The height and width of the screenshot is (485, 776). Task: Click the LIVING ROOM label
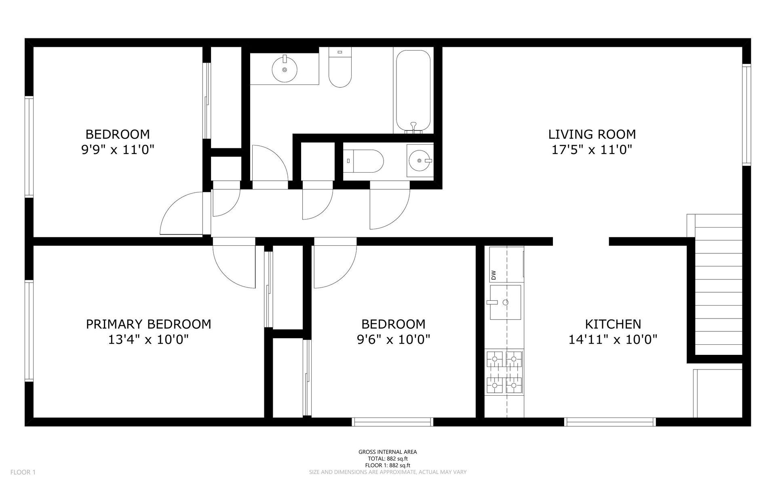pos(592,134)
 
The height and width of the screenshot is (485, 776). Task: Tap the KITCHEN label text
pos(613,324)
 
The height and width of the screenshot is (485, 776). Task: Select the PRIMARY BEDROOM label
pos(148,324)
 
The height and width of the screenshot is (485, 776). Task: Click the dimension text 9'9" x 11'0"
pos(118,150)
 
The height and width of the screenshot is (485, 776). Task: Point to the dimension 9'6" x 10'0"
pos(393,339)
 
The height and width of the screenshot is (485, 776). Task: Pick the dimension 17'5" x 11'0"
pos(592,150)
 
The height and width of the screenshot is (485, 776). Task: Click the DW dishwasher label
pos(493,275)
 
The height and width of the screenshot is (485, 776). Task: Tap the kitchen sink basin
pos(505,302)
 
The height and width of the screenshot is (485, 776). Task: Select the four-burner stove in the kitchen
pos(505,372)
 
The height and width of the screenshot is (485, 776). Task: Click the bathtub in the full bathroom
pos(413,91)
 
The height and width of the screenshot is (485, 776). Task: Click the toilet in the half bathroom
pos(364,161)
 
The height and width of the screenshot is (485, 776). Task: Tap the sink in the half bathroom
pos(420,161)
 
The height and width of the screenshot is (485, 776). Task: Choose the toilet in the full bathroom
pos(340,67)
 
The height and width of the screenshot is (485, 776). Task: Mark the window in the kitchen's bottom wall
pos(610,422)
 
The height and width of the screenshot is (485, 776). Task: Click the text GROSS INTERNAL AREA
pos(388,452)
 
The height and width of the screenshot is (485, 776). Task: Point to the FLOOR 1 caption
pos(23,472)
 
